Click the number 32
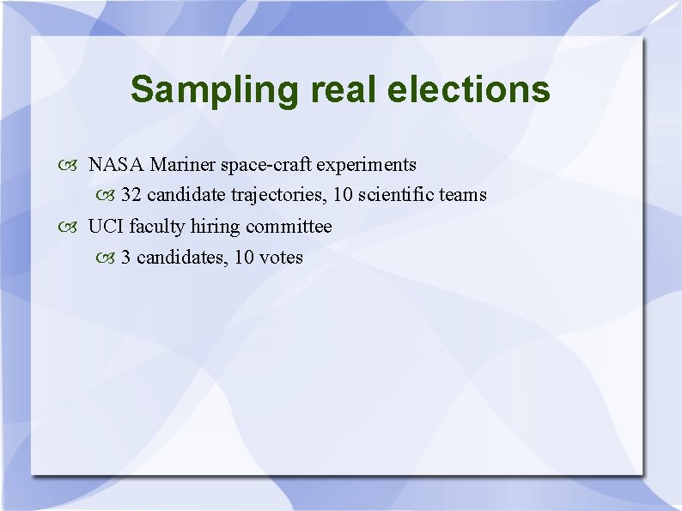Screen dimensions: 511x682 click(x=131, y=195)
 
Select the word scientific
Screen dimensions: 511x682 click(x=396, y=195)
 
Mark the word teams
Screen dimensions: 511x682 click(x=463, y=195)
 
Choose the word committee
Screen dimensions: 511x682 click(x=289, y=227)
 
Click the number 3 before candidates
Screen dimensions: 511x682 click(x=126, y=258)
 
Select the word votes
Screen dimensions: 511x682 click(x=281, y=258)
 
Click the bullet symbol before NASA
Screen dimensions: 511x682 click(x=70, y=165)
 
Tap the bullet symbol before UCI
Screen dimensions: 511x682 click(x=70, y=228)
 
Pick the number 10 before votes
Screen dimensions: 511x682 click(x=243, y=258)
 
